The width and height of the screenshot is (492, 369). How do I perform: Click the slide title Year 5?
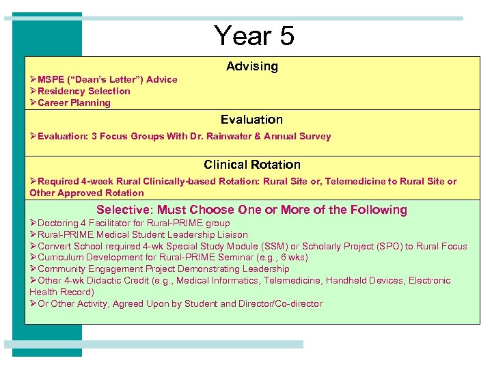(x=254, y=36)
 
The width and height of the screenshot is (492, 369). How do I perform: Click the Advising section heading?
(x=252, y=66)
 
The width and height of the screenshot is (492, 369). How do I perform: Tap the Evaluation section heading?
(x=251, y=120)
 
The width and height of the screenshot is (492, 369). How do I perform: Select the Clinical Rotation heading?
(x=251, y=165)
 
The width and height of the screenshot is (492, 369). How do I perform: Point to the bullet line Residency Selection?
(x=83, y=91)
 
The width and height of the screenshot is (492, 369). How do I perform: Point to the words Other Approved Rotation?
(x=87, y=193)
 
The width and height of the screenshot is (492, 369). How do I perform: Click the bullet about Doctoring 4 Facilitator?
(x=133, y=223)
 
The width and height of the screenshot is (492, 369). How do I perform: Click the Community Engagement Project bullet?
(x=154, y=269)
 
